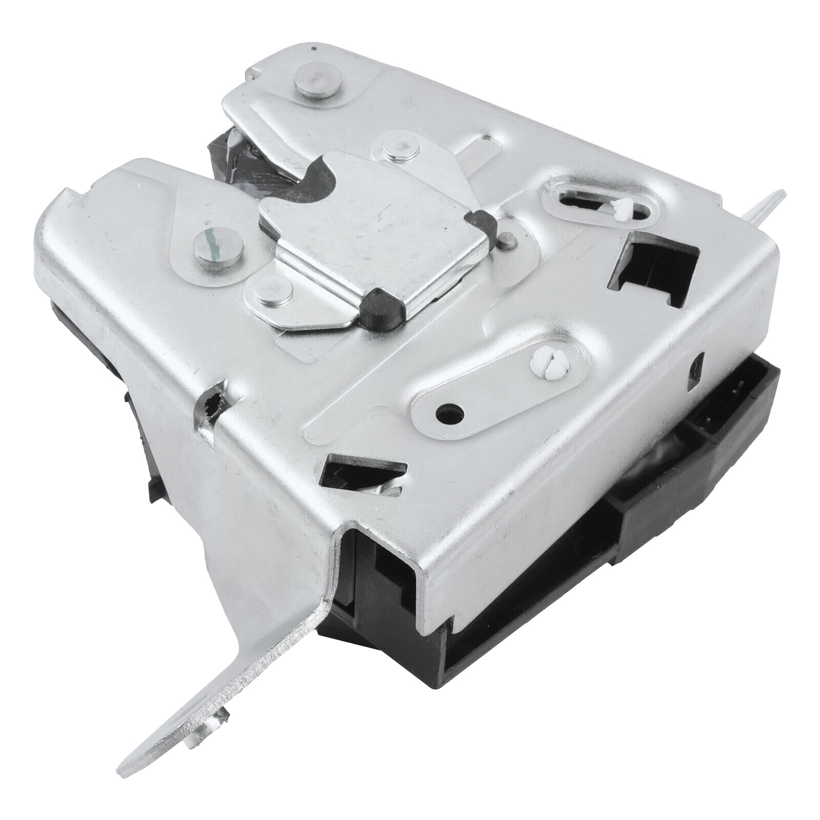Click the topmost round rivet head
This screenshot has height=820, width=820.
tap(318, 81)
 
